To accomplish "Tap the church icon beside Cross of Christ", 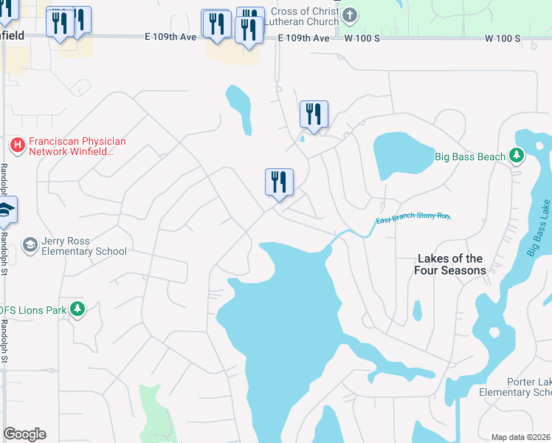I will pos(351,15).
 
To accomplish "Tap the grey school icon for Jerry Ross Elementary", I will pos(30,244).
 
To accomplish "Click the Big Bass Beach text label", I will pos(470,157).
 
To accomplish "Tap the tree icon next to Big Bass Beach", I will pos(517,155).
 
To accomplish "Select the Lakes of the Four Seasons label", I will pos(449,264).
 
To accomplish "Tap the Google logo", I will pos(24,434).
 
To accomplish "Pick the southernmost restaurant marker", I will pos(279,182).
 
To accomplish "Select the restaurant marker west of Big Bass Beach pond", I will pos(314,114).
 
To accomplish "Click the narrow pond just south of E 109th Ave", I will pos(238,107).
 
